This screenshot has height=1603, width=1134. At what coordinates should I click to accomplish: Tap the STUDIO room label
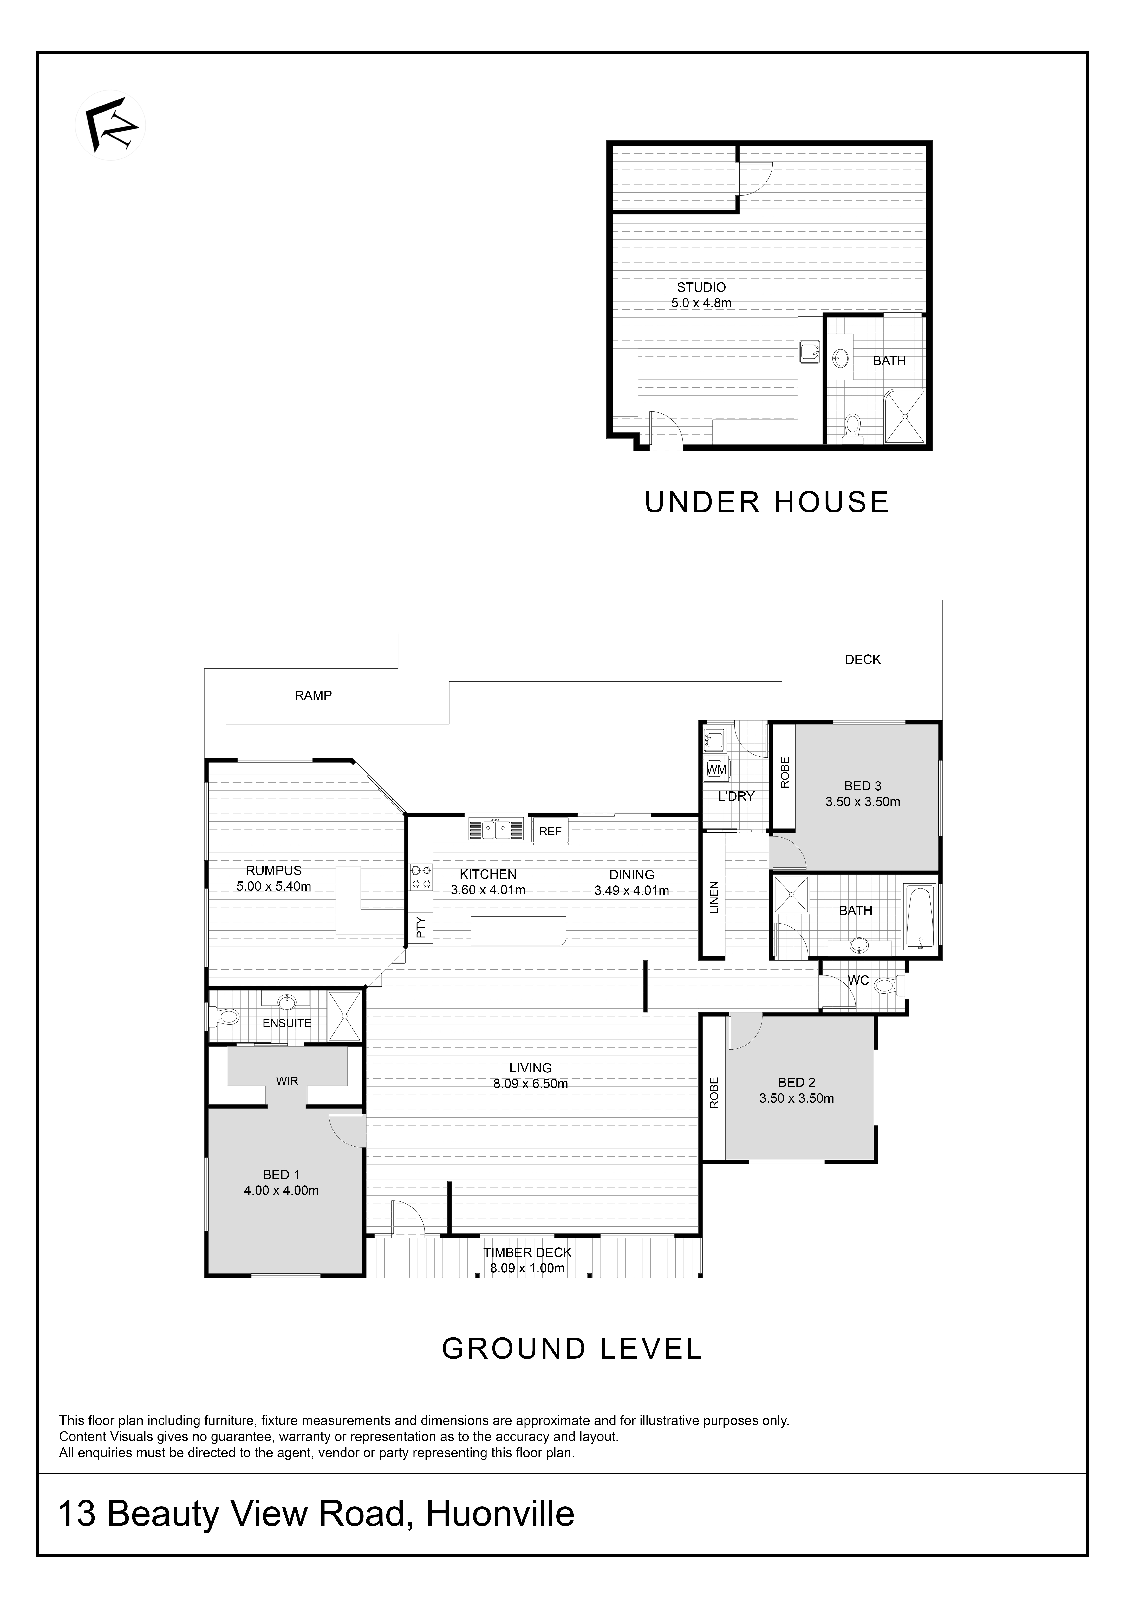click(x=701, y=287)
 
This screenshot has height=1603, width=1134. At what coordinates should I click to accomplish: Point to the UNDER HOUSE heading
click(x=767, y=503)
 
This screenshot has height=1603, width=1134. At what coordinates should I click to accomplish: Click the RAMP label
click(x=313, y=695)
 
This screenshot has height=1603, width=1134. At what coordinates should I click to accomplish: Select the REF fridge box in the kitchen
click(x=550, y=832)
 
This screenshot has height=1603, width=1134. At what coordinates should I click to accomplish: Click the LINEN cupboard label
click(x=714, y=898)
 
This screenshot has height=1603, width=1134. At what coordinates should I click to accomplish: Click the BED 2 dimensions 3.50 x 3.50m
click(x=797, y=1098)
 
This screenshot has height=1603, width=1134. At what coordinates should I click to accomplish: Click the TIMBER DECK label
click(x=527, y=1252)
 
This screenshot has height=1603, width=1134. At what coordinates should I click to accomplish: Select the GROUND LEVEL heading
click(x=572, y=1349)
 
